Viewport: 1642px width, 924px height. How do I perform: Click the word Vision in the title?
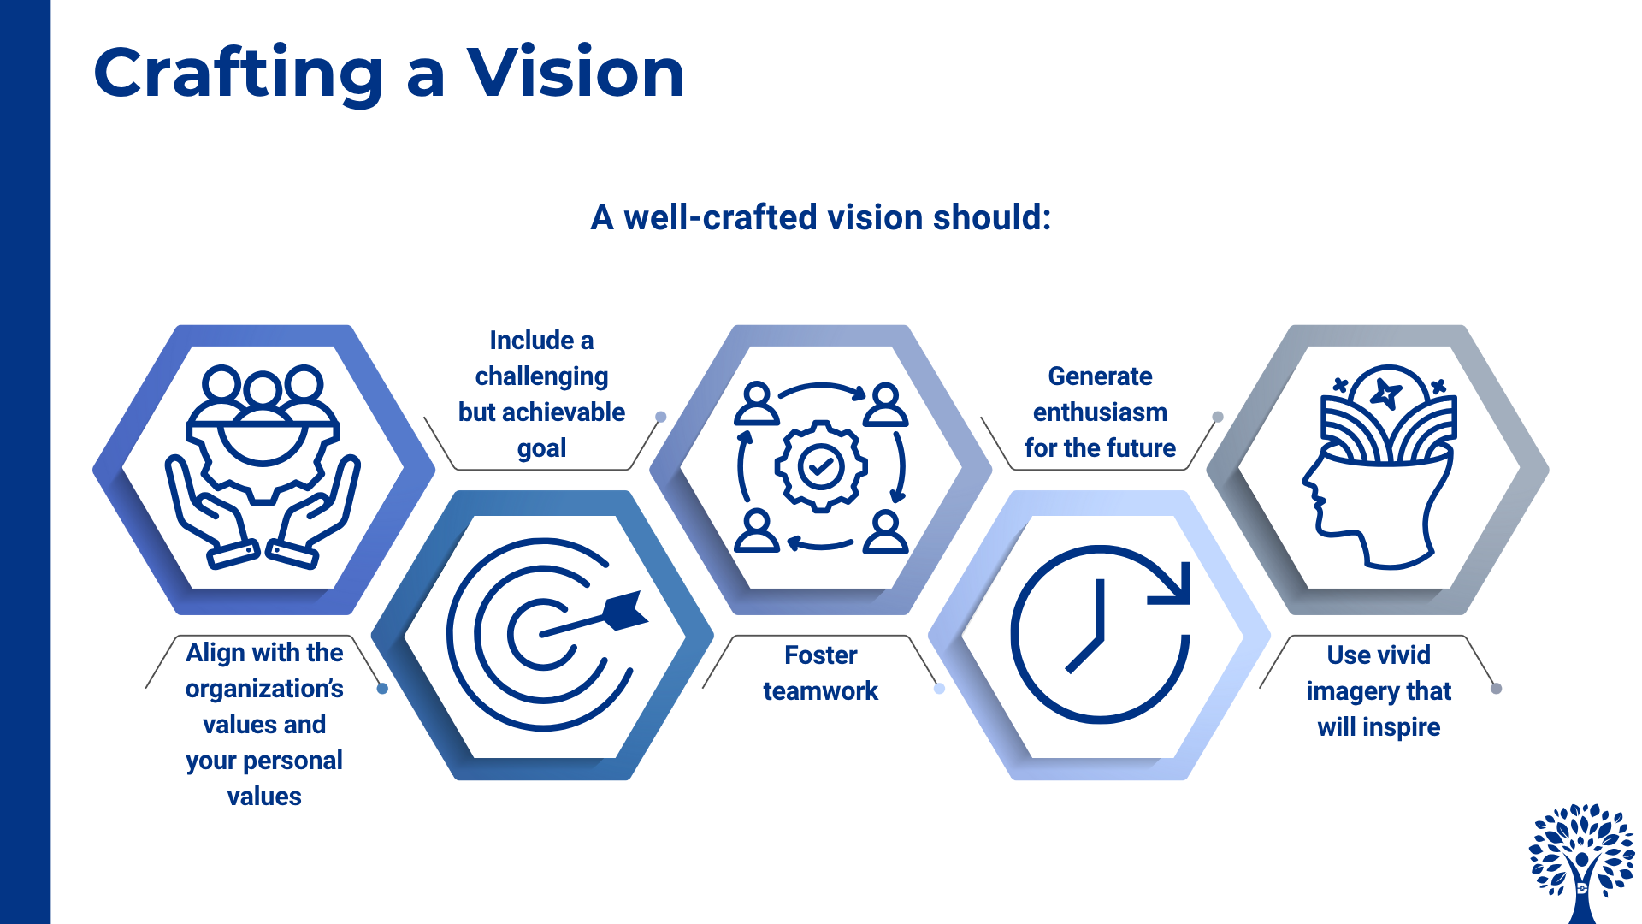coord(576,74)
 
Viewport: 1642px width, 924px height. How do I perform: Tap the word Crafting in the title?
coord(239,74)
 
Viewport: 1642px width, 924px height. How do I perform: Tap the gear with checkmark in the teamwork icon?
coord(821,466)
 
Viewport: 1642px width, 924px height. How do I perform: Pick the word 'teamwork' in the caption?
coord(820,691)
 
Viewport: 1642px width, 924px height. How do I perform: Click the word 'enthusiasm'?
coord(1100,412)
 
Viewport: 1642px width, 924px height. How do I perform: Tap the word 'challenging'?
coord(541,376)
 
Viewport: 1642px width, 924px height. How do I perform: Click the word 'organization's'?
coord(264,689)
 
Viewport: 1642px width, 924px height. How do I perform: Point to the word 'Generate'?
coord(1100,376)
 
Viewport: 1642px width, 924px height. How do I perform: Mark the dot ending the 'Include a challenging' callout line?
coord(661,417)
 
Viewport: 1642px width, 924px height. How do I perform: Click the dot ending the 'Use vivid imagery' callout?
coord(1496,689)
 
